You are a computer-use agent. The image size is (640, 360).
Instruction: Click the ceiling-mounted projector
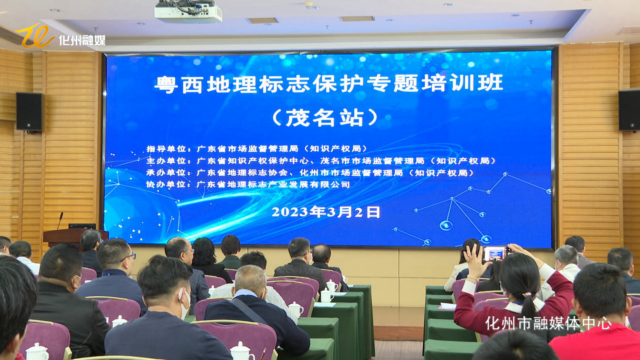point(188,11)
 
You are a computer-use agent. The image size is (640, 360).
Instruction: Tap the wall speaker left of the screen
point(29,111)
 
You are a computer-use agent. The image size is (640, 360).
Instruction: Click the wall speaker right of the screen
point(629,110)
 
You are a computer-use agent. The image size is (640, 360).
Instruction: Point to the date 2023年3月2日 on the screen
point(326,212)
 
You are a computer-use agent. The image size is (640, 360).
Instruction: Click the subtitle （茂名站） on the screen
point(325,118)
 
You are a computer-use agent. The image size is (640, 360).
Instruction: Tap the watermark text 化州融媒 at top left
point(82,40)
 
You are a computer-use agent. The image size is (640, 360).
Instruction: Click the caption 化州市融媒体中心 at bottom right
point(549,323)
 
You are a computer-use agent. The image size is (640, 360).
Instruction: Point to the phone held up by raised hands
point(495,254)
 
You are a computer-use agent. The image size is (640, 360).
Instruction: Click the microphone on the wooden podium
point(60,220)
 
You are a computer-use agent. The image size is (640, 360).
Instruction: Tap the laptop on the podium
point(82,226)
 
